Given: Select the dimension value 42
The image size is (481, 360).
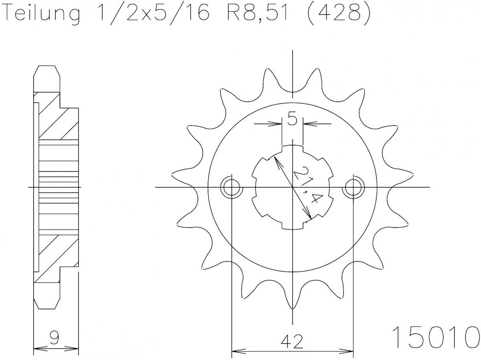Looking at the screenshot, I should pos(292,341).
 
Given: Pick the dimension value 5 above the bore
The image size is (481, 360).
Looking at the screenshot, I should pos(292,120).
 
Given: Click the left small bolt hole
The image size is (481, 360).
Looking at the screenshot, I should pos(232,187).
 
